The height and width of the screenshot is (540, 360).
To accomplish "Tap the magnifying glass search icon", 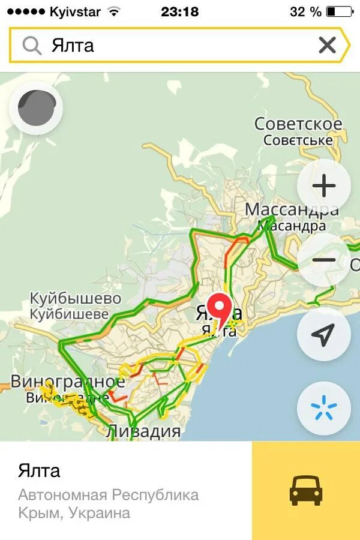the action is tap(31, 45).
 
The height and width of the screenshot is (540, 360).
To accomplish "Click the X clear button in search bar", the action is tap(327, 45).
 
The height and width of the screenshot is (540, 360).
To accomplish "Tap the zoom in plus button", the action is tap(324, 186).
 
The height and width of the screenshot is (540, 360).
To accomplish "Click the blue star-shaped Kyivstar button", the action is tap(324, 408).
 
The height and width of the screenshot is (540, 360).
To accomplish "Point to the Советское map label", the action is tap(298, 124).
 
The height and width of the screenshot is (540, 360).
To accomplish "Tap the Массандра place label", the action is tap(292, 211).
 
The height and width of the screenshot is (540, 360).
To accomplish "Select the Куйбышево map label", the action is tap(76, 298).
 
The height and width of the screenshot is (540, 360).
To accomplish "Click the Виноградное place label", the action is tap(68, 382).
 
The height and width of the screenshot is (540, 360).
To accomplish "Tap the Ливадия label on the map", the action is tap(143, 431).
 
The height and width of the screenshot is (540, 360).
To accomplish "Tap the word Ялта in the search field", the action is tap(73, 46).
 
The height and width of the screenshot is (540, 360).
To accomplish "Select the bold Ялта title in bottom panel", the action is tap(39, 470).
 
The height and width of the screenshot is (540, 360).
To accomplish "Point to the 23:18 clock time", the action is tap(180, 11).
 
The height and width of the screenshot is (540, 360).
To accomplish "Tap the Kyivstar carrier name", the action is tap(75, 11).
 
